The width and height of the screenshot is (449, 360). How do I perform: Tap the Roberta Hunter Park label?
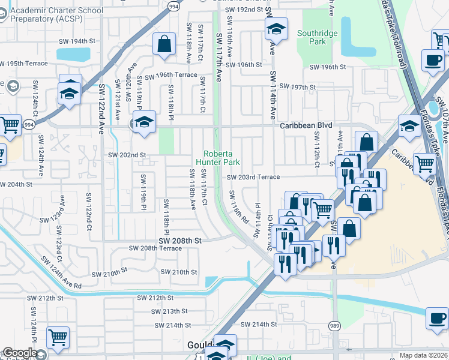click(x=221, y=157)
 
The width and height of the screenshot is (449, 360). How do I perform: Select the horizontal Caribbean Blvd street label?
click(x=306, y=126)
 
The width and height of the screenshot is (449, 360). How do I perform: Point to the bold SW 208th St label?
click(x=179, y=240)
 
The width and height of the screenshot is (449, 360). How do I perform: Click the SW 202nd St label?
click(x=127, y=155)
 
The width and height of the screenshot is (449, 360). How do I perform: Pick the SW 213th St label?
click(x=170, y=311)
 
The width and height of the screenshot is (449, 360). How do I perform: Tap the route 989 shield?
click(x=335, y=325)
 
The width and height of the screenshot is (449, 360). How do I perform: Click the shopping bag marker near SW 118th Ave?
click(x=164, y=44)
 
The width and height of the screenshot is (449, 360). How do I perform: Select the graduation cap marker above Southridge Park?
click(x=276, y=28)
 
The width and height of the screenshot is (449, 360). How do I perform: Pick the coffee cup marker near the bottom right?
click(x=437, y=317)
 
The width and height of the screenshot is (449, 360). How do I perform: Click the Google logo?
click(x=20, y=353)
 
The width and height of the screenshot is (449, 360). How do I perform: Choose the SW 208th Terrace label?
click(x=155, y=248)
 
